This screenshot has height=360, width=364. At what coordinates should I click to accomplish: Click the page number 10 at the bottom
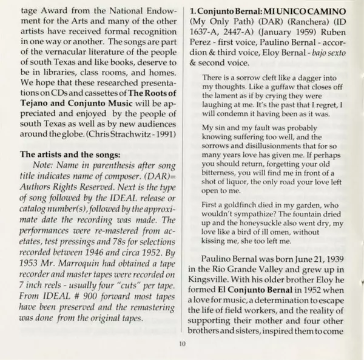[x=182, y=346]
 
